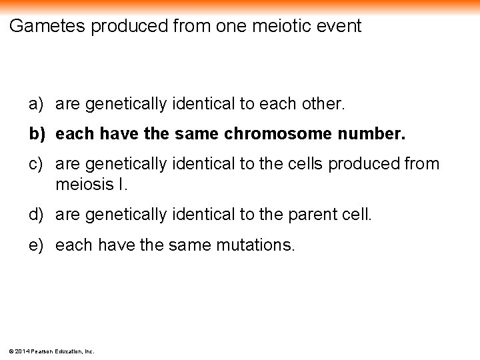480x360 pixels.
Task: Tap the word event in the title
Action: [x=339, y=27]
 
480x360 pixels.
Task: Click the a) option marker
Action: [x=36, y=104]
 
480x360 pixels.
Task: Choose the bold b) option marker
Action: [x=37, y=134]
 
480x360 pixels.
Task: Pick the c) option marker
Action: [x=36, y=163]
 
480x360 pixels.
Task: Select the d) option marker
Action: [x=36, y=215]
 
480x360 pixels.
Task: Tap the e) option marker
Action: [x=36, y=245]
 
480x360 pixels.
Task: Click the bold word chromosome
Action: [x=277, y=134]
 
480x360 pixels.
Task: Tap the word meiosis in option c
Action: [x=85, y=183]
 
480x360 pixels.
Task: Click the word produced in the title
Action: [x=129, y=27]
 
